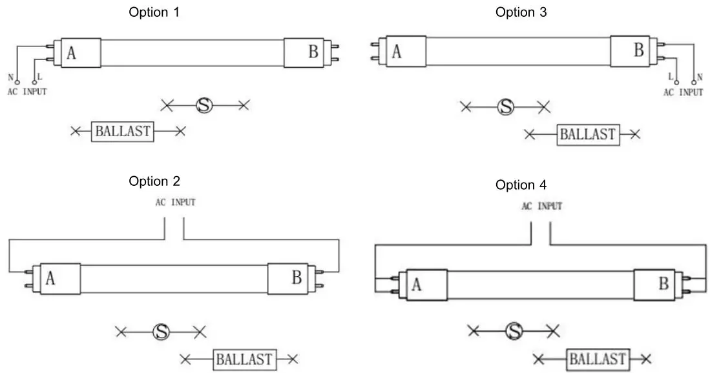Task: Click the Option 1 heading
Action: (154, 12)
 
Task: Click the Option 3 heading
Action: (521, 12)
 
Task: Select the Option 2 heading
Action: (154, 181)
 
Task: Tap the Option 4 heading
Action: (521, 185)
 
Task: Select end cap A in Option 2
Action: (60, 279)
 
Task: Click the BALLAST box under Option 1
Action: (123, 132)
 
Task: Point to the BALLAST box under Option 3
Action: (587, 134)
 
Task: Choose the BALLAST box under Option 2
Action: (245, 359)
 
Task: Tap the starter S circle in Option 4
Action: (513, 331)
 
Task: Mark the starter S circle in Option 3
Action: (505, 107)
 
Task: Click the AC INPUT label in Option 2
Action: (175, 202)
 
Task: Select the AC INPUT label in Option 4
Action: (541, 207)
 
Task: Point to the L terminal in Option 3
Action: (675, 81)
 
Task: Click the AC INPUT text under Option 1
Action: (26, 92)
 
